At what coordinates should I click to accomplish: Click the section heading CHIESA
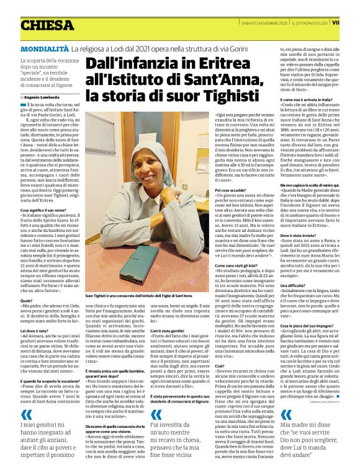click(x=47, y=25)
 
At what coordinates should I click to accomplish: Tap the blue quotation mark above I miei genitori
click(x=26, y=415)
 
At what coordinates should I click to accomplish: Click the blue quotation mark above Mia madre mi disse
click(x=287, y=415)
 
